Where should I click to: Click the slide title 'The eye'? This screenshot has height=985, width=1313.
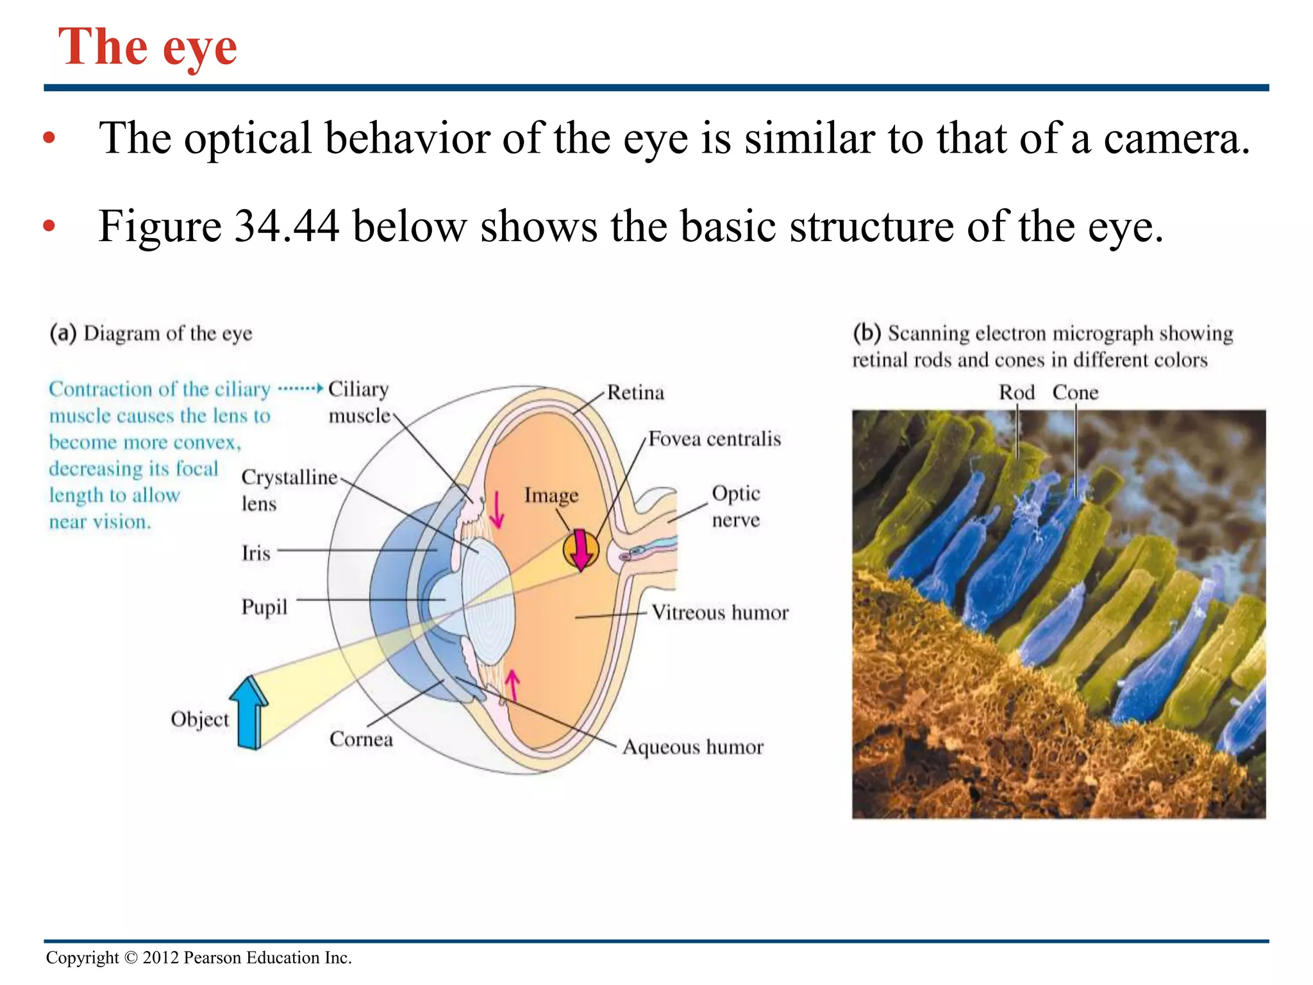(x=147, y=47)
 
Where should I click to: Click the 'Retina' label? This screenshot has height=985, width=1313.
(x=635, y=392)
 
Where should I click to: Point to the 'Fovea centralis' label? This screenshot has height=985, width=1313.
(x=714, y=439)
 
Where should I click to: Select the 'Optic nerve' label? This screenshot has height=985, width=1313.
(x=735, y=506)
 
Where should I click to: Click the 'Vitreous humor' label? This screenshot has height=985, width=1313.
(x=719, y=612)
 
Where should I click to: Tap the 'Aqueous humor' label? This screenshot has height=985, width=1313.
(x=693, y=747)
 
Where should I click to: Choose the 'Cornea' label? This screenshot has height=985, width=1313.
(x=361, y=739)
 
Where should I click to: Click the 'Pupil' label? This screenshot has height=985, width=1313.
(x=264, y=607)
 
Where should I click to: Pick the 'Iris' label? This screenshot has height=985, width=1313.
(x=256, y=553)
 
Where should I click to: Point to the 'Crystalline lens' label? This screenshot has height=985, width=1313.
(x=289, y=489)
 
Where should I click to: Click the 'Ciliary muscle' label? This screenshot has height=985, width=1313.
(x=358, y=402)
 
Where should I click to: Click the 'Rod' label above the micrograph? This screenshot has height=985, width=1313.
(x=1016, y=392)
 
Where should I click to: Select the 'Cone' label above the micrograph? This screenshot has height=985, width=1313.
(x=1075, y=392)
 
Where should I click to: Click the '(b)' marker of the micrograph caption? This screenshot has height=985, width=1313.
(x=867, y=333)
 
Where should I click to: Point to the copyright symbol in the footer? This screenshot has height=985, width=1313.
(x=131, y=958)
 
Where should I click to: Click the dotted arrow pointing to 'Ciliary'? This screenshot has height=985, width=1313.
(x=300, y=389)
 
